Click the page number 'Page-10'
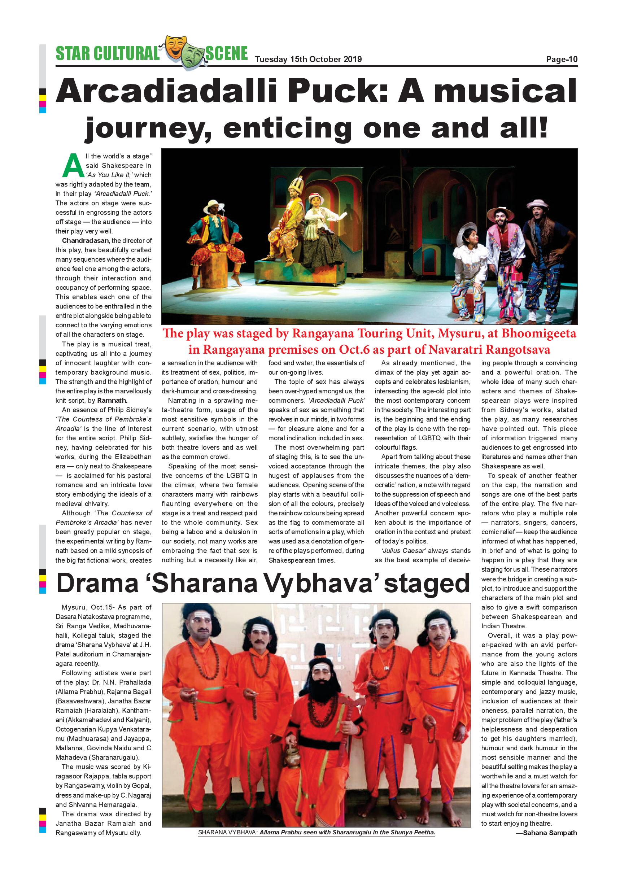[x=561, y=59]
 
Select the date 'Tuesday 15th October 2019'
[x=308, y=59]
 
